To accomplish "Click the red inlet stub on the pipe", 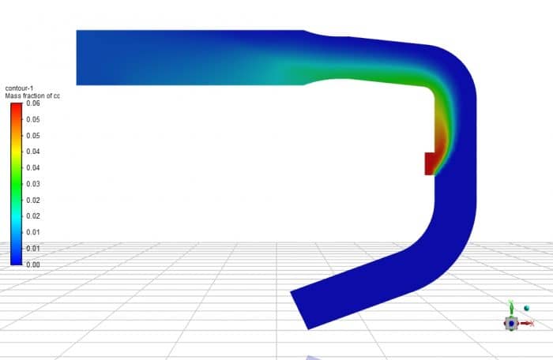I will tap(430, 163).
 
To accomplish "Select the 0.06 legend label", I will tap(32, 103).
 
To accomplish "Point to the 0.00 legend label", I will tap(32, 265).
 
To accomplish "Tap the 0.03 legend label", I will tap(32, 184).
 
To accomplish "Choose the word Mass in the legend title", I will tap(13, 96).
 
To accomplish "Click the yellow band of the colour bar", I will tap(16, 150).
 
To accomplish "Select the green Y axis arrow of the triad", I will tap(511, 307).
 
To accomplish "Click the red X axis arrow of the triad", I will tap(528, 323).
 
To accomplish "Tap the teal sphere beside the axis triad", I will tap(528, 308).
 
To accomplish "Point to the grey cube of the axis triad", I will tap(512, 323).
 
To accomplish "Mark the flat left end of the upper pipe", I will tap(77, 57).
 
